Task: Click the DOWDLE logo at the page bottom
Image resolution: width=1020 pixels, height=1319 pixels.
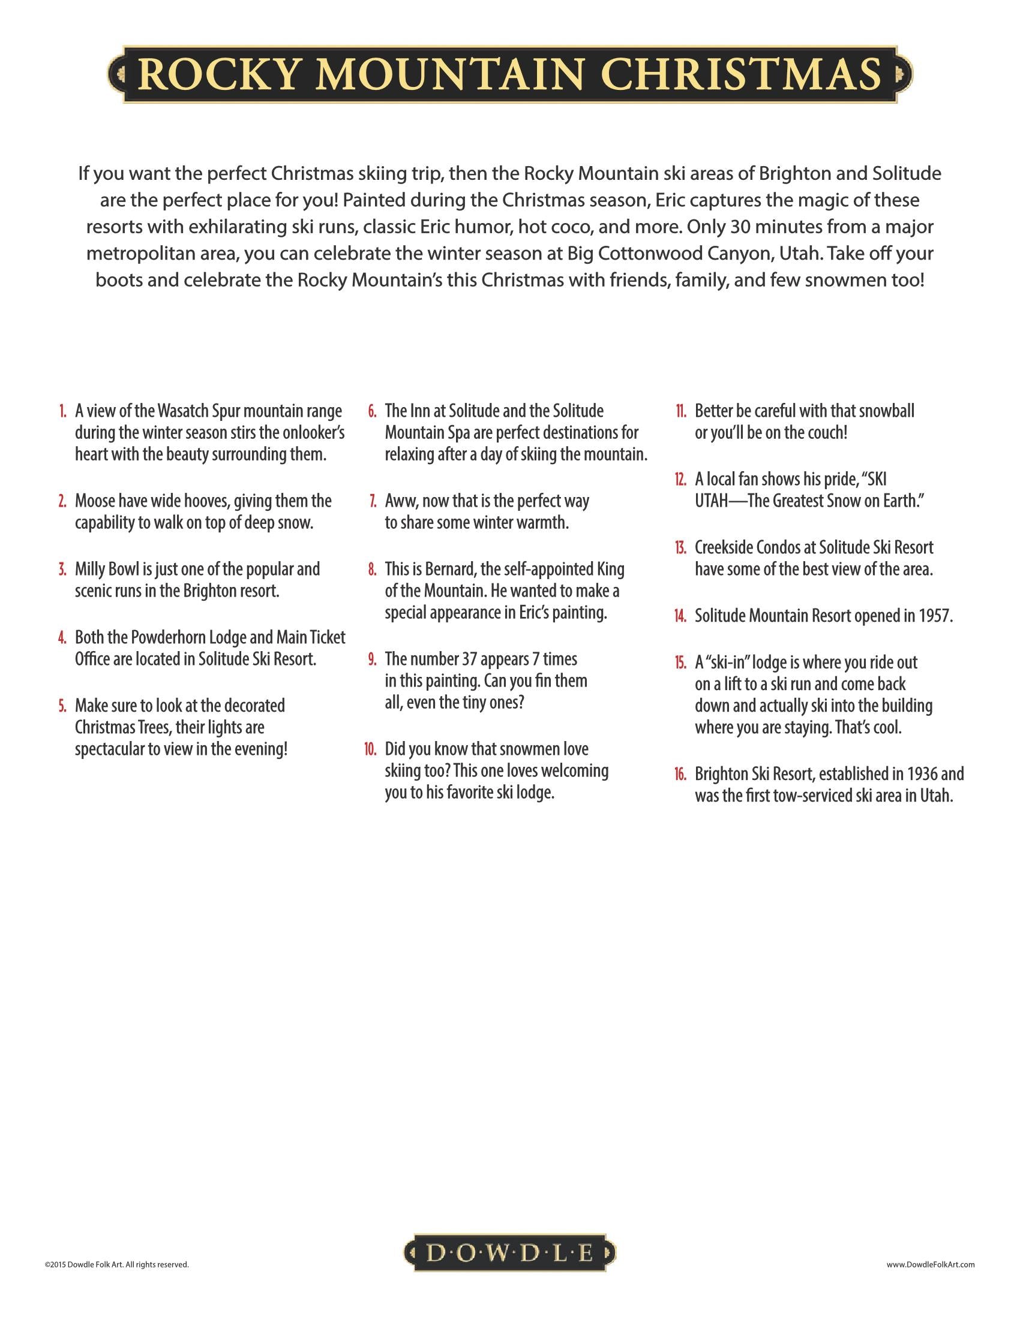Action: coord(509,1253)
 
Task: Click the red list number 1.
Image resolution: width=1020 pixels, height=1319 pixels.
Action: coord(62,411)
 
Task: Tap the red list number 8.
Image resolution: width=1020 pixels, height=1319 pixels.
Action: coord(371,570)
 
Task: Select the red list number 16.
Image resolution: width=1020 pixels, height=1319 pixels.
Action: coord(680,774)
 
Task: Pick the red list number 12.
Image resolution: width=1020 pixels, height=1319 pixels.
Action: coord(680,480)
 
